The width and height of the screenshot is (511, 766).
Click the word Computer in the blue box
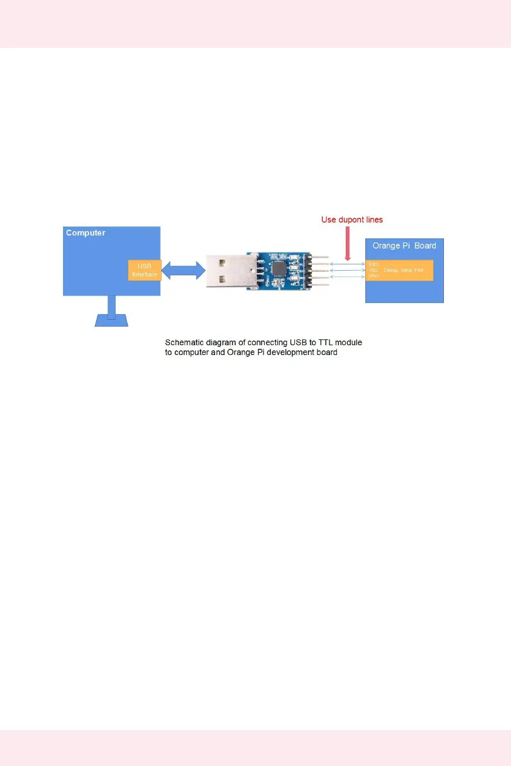pos(86,233)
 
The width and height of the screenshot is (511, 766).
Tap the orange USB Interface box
pos(145,270)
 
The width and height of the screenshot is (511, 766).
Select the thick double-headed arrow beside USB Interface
pos(183,270)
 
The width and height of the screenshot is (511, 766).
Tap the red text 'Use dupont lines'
pos(352,220)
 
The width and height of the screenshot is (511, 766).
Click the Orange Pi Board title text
pos(404,245)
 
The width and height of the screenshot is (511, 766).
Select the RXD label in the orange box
pos(373,264)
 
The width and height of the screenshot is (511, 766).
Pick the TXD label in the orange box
pos(373,270)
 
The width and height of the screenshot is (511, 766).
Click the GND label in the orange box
pos(373,276)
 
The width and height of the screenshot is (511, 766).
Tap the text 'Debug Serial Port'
pos(403,270)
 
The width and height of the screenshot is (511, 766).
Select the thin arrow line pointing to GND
pos(347,276)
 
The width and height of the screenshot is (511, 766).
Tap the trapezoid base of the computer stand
pos(112,320)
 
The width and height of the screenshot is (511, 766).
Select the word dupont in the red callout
pos(352,220)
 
